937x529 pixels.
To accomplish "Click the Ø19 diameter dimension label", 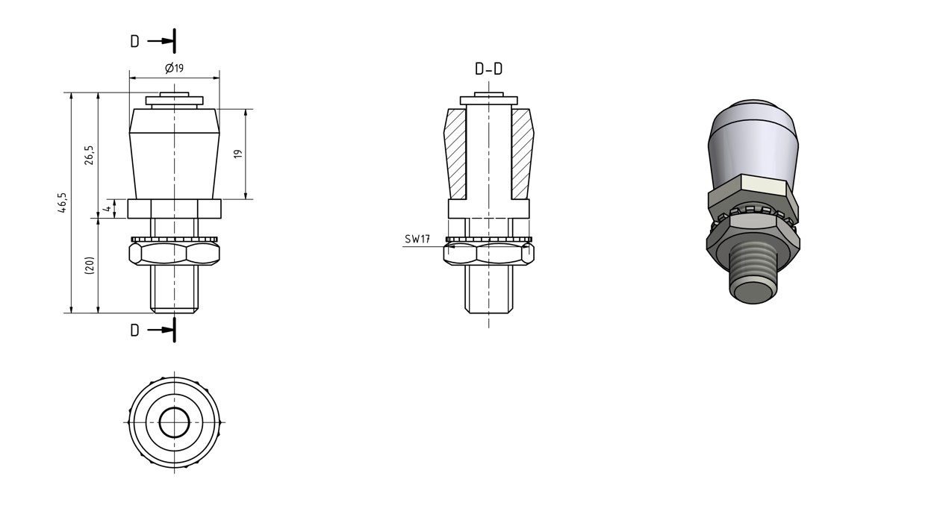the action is tap(174, 68).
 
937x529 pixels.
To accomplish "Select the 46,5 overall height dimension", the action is tap(62, 203).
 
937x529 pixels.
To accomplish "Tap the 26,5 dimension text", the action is tap(89, 155).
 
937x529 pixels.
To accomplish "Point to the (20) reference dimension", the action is tap(89, 265).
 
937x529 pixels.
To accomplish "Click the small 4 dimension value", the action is tap(108, 208).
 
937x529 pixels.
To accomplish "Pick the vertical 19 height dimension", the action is tap(237, 154).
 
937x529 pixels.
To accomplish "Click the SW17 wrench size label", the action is tap(417, 240).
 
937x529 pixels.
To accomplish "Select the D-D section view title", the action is tap(488, 69).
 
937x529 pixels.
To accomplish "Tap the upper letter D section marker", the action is tap(134, 41).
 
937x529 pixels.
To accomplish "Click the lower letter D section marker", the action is tap(134, 331).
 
